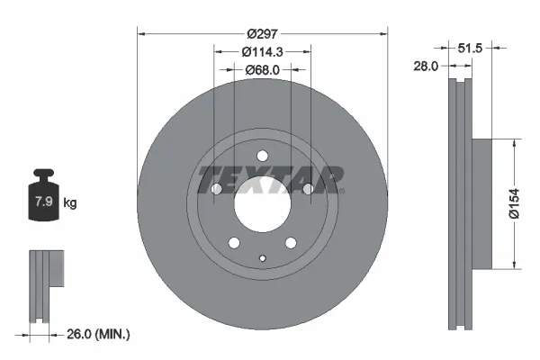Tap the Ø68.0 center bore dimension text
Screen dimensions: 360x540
(262, 69)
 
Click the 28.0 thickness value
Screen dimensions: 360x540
(427, 66)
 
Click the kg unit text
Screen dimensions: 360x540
(69, 202)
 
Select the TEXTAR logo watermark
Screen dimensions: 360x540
(270, 178)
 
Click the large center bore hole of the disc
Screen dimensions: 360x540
(262, 205)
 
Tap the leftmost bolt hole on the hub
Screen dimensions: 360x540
(216, 189)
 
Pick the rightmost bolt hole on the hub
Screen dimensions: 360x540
(308, 189)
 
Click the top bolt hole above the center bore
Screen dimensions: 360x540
(262, 156)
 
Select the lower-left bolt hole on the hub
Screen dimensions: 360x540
(233, 243)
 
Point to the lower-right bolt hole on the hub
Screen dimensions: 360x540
(291, 243)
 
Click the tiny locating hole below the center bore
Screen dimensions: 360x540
(262, 262)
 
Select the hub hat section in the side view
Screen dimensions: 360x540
(482, 202)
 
